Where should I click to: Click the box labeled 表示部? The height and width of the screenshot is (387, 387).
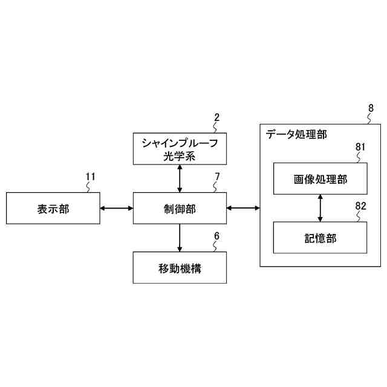[x=53, y=209]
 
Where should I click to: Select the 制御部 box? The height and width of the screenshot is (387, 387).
[x=180, y=209]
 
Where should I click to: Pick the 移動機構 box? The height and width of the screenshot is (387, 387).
[x=180, y=268]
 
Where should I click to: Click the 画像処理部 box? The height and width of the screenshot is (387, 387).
[x=320, y=179]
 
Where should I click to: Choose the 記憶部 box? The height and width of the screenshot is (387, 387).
[x=320, y=238]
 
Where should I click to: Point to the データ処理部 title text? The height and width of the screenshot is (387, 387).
[x=297, y=134]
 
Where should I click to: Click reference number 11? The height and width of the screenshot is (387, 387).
[x=91, y=177]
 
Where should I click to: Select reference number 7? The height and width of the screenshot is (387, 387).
[x=217, y=177]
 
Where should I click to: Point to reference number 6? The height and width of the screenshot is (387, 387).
[x=217, y=236]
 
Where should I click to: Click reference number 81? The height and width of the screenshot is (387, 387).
[x=360, y=146]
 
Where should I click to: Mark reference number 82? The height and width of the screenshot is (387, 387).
[x=360, y=206]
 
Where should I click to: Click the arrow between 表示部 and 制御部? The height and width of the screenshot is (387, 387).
[x=117, y=209]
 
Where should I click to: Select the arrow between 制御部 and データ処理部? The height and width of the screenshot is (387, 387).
[x=243, y=209]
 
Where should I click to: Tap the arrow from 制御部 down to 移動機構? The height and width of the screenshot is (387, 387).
[x=180, y=238]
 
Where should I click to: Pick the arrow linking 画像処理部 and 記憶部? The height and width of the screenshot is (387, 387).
[x=320, y=209]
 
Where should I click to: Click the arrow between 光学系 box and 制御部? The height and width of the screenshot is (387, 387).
[x=180, y=179]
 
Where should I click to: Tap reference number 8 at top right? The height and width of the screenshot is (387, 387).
[x=370, y=108]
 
